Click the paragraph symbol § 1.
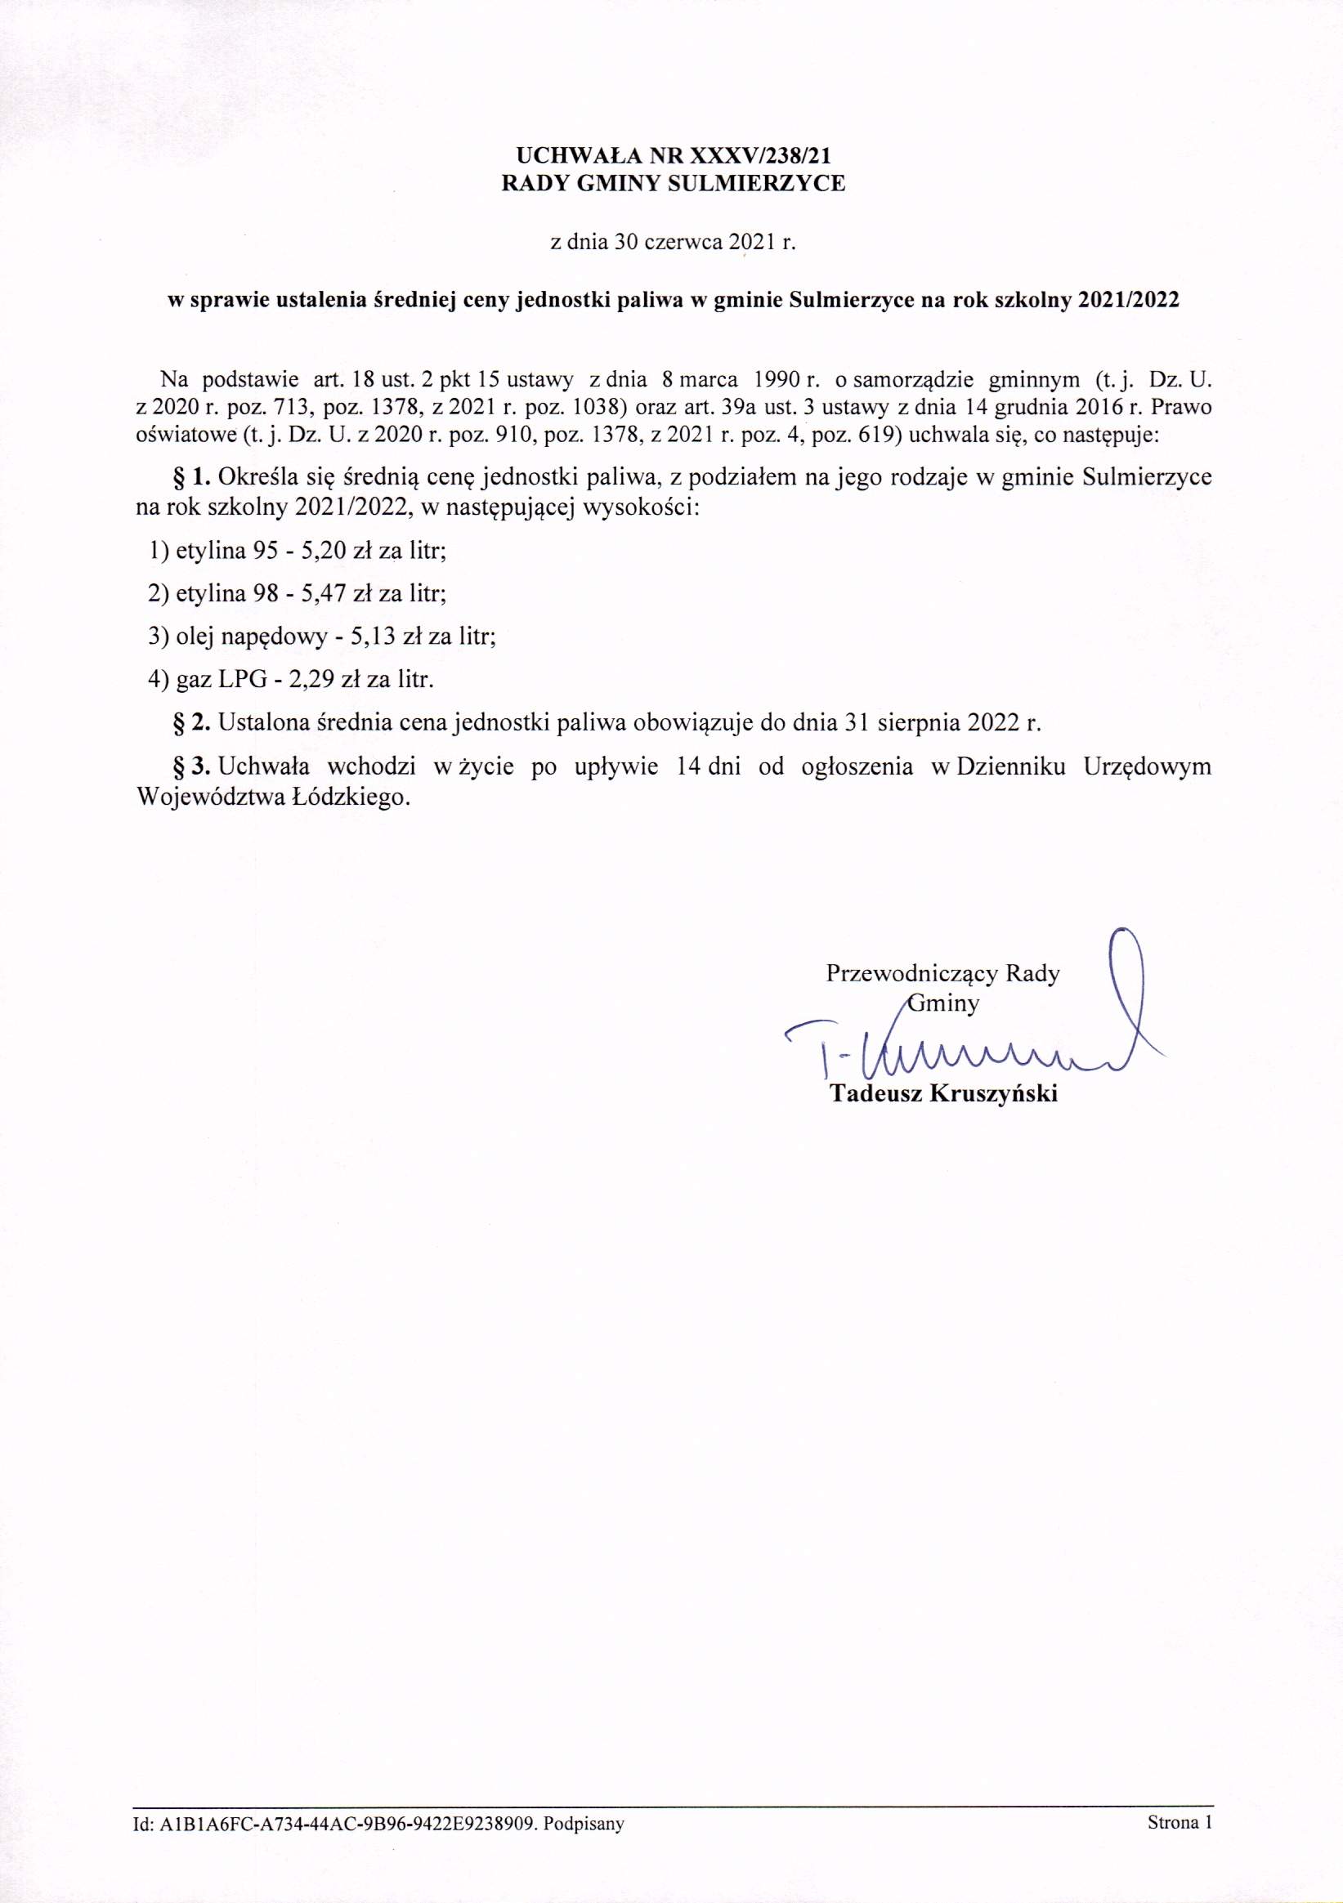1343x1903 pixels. tap(192, 477)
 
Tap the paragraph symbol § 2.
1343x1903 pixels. tap(192, 723)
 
